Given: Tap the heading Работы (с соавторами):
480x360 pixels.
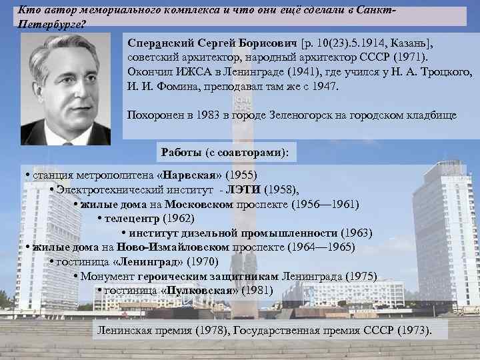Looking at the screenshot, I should pos(225,152).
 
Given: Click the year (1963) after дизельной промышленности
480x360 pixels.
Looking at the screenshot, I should pos(356,233).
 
